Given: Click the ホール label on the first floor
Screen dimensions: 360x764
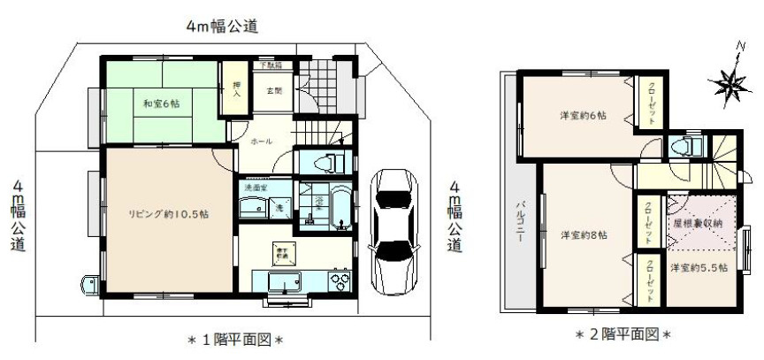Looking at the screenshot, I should [262, 142].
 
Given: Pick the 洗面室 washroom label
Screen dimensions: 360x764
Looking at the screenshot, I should [256, 188].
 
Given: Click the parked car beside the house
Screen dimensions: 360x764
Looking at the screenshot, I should [394, 229].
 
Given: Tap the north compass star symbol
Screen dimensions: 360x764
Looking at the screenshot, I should [729, 82].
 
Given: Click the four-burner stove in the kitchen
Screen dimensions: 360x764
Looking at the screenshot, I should [339, 281].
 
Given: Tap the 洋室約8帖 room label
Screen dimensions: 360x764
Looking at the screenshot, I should [583, 234].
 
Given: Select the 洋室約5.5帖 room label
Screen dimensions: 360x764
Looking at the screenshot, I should [699, 267].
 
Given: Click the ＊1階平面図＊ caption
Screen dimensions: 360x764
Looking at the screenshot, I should [233, 339].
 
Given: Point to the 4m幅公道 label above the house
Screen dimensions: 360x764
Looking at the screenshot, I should [222, 27].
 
